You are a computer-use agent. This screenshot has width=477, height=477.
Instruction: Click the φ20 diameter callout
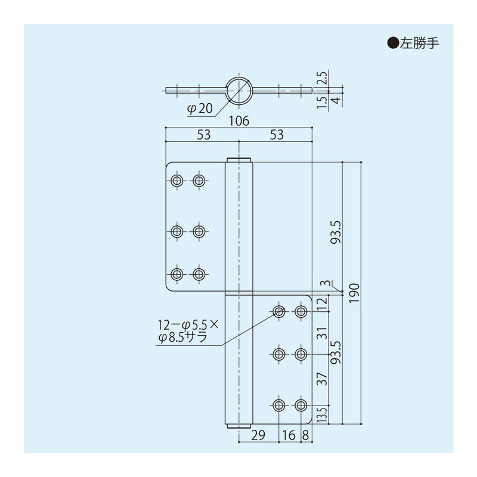click(200, 109)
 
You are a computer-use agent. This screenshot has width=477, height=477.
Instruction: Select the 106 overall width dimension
click(238, 121)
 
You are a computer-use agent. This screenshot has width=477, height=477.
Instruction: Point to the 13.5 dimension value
click(323, 414)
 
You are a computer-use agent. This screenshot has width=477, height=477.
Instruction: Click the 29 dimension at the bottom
click(259, 436)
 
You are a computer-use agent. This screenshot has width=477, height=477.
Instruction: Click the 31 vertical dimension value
click(323, 333)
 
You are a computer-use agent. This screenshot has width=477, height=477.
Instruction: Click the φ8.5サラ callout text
click(182, 338)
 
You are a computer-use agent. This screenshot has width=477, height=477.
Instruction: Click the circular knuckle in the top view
click(238, 91)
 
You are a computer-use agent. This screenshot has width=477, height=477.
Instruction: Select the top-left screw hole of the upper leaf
click(176, 181)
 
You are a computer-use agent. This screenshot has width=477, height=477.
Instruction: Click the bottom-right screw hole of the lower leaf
click(301, 405)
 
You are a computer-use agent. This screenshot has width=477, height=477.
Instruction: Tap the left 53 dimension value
click(203, 135)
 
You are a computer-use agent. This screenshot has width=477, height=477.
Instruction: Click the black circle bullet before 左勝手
click(392, 43)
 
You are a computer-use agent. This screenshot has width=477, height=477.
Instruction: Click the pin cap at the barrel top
click(238, 159)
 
